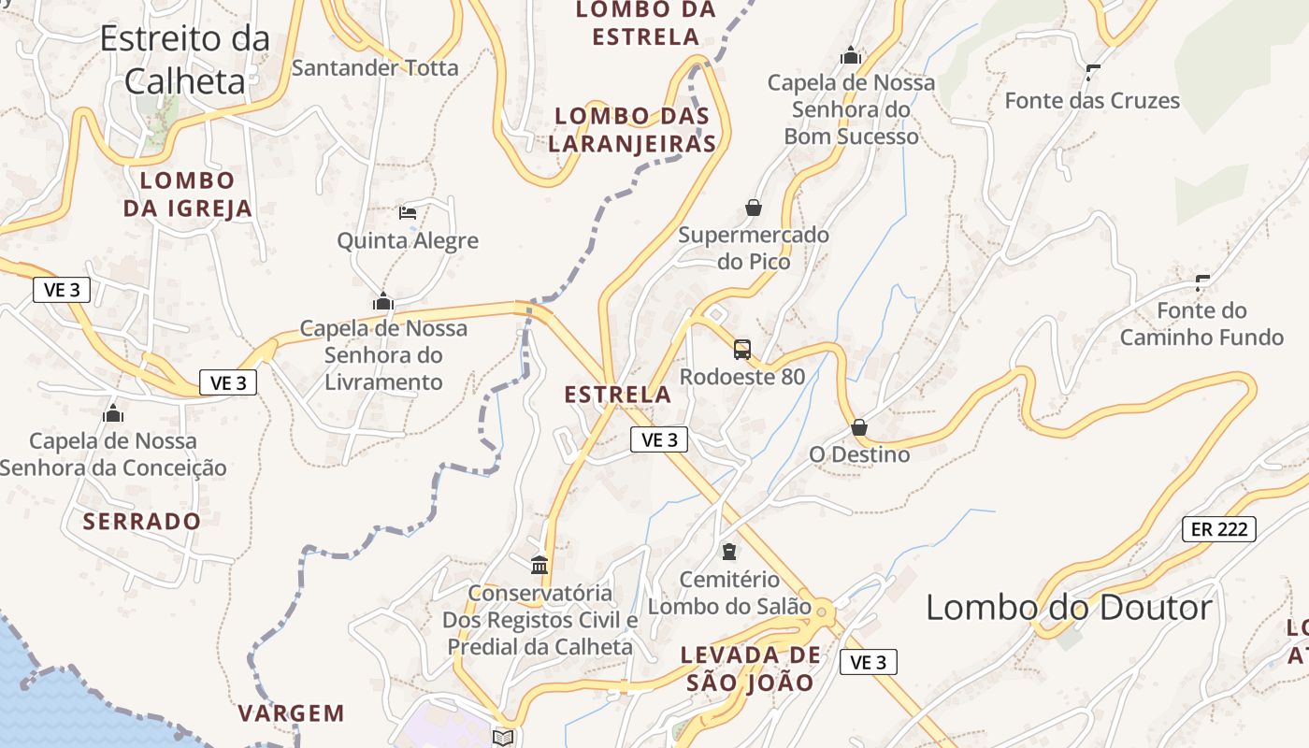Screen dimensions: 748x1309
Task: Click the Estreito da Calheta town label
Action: pos(184,60)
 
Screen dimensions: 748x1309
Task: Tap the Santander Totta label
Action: pos(375,67)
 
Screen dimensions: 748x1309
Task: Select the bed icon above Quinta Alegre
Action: pos(408,213)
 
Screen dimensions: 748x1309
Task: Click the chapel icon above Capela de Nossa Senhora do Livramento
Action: pos(382,301)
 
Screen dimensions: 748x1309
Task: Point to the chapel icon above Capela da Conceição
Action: pos(113,412)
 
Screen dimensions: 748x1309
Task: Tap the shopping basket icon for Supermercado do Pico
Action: pos(754,208)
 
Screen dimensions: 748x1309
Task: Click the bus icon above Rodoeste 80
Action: pos(742,350)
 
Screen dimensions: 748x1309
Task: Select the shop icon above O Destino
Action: pos(859,427)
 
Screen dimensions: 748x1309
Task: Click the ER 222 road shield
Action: pos(1218,528)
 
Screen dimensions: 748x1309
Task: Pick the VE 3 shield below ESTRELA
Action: pos(659,439)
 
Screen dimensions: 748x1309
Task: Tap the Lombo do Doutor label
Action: pos(1069,608)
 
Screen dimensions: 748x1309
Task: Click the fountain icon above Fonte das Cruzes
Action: pos(1092,72)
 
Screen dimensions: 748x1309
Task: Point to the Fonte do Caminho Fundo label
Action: pos(1201,324)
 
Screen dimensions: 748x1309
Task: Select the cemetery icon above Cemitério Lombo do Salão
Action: pos(729,552)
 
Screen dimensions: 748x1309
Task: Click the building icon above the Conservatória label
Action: pos(539,565)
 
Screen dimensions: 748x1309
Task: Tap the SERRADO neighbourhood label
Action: pos(142,521)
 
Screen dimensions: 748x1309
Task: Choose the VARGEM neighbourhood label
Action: pos(291,713)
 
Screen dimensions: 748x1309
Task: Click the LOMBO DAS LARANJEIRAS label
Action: pos(632,130)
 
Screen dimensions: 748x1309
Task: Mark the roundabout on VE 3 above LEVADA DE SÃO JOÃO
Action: pos(822,612)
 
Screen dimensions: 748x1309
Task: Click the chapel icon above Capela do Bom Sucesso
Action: pos(850,56)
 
